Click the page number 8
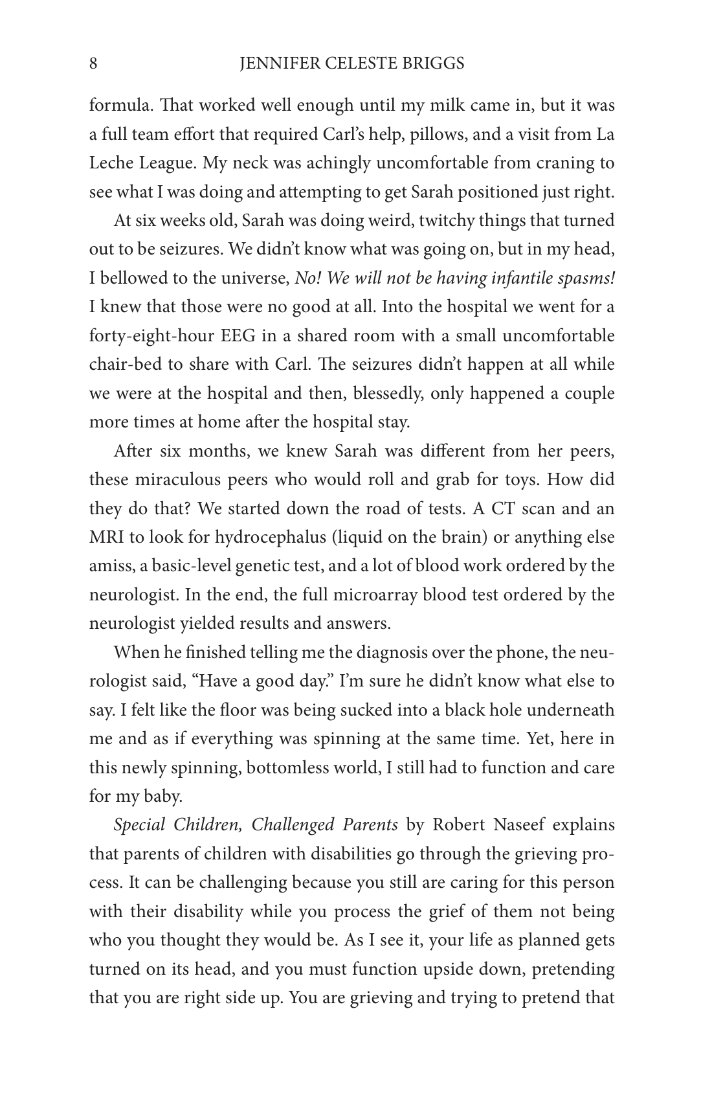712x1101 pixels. (93, 63)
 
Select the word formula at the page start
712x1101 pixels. (114, 106)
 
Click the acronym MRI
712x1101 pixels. (106, 538)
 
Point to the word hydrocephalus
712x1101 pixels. (271, 538)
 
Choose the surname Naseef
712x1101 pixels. (489, 825)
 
